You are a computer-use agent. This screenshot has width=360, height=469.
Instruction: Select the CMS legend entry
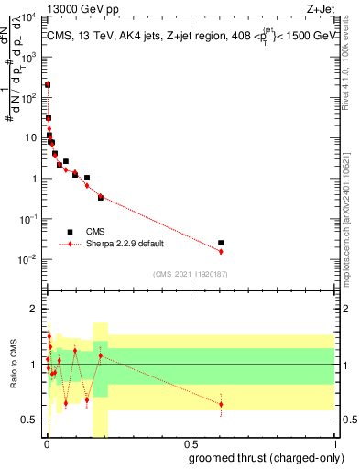(x=96, y=233)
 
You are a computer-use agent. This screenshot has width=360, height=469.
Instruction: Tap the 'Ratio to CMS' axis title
(x=12, y=377)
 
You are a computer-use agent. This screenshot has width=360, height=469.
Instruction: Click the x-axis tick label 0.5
(x=190, y=444)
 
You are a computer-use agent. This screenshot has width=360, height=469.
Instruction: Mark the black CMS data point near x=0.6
(x=221, y=243)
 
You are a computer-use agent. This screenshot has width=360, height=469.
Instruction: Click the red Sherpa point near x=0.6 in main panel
(x=221, y=251)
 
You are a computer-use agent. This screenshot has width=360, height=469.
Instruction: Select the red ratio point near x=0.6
(x=221, y=404)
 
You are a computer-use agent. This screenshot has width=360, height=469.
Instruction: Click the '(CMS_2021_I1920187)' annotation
(x=190, y=274)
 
